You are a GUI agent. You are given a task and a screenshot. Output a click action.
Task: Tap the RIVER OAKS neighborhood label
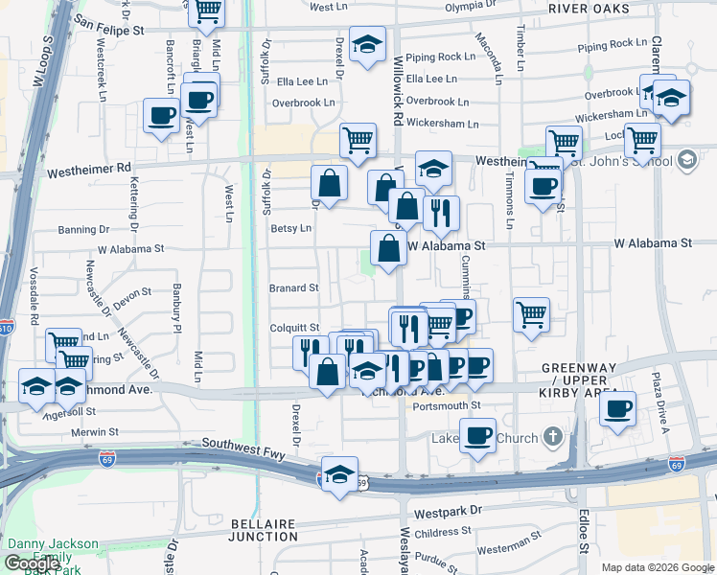(x=590, y=9)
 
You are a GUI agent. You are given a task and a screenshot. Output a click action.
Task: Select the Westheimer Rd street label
(x=88, y=168)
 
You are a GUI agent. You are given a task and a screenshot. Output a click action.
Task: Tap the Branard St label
(x=293, y=287)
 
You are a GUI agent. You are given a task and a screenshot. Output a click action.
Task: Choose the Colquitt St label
(x=293, y=328)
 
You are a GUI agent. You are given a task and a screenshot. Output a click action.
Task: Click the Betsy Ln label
(x=291, y=228)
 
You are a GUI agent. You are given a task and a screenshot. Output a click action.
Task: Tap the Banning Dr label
(x=83, y=230)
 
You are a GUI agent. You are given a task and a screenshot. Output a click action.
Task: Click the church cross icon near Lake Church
(x=551, y=439)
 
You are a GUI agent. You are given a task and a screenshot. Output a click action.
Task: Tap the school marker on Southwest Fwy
(x=339, y=474)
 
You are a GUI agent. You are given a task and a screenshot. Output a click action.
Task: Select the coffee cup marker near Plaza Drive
(x=618, y=407)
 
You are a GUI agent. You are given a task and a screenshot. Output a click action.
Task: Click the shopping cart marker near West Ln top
(x=208, y=10)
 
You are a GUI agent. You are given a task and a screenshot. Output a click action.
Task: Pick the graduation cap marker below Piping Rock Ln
(x=367, y=45)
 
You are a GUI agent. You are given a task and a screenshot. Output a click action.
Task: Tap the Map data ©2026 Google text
(x=656, y=567)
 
